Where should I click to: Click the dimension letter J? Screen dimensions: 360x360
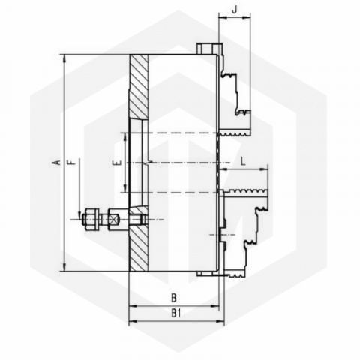[234, 10]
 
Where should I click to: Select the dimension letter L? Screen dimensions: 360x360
[243, 161]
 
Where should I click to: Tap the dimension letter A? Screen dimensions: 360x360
[57, 162]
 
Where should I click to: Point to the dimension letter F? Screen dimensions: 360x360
[71, 162]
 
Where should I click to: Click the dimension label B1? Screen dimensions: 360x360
[176, 313]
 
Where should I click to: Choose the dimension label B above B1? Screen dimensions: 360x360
[174, 298]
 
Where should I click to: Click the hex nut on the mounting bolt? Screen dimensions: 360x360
[90, 220]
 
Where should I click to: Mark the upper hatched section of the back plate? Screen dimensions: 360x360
[139, 87]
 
